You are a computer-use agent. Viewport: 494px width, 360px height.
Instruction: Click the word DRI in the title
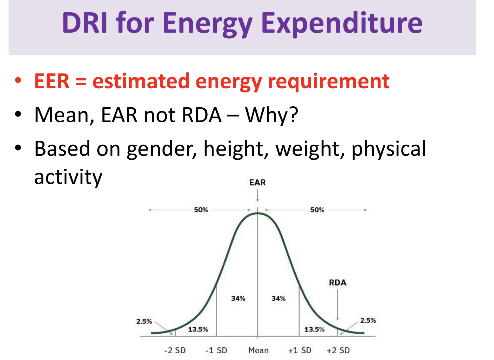coord(85,23)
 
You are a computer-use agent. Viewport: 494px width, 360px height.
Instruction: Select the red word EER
coord(52,81)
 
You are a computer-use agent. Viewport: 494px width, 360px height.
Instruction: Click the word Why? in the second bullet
coord(272,115)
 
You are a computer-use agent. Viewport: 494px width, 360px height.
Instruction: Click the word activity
coord(68,177)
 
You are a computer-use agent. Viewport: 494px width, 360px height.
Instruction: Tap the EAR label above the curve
coord(257,183)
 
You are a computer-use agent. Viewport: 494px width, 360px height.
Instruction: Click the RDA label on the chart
coord(337,282)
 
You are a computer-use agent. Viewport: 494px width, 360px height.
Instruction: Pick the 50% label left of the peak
coord(201,210)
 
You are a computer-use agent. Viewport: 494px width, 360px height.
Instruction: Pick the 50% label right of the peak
coord(317,210)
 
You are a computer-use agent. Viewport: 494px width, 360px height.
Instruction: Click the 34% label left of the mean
coord(238,299)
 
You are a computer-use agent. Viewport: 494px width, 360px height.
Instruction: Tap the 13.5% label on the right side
coord(314,329)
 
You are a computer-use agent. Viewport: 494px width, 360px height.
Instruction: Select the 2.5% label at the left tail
coord(144,321)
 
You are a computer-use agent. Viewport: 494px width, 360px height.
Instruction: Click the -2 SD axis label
coord(175,351)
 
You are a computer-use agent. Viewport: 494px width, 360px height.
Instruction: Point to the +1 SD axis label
coord(299,351)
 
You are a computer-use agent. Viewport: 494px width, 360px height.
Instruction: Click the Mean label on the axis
coord(258,351)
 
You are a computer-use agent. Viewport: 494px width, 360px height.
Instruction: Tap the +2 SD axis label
coord(338,351)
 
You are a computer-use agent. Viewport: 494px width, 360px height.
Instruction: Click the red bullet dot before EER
coord(18,80)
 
